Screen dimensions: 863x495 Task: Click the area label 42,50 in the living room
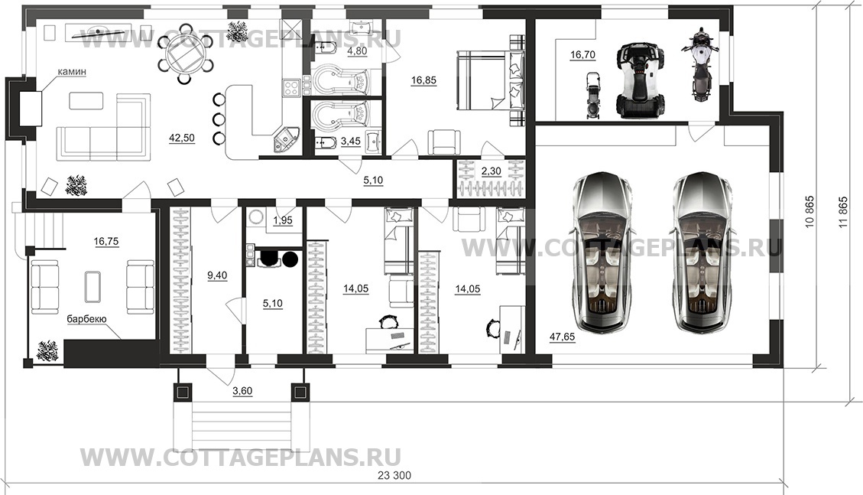tap(182, 138)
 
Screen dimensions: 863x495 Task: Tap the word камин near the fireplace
tap(73, 72)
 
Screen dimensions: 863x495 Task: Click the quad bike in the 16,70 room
tap(640, 80)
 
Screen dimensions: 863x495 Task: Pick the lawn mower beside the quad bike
tap(592, 96)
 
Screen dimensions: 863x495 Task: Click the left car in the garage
tap(601, 253)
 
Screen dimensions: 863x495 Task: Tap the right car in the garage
tap(703, 253)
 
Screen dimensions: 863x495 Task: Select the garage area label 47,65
tap(562, 337)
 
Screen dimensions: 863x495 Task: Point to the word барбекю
tap(87, 319)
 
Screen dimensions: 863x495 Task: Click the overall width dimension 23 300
tap(394, 476)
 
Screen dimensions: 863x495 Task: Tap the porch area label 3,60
tap(242, 392)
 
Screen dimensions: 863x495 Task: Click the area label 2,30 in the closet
tap(491, 171)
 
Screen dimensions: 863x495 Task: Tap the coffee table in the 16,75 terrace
tap(92, 287)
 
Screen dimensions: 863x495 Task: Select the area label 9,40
tap(217, 276)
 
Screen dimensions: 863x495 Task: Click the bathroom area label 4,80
tap(357, 51)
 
